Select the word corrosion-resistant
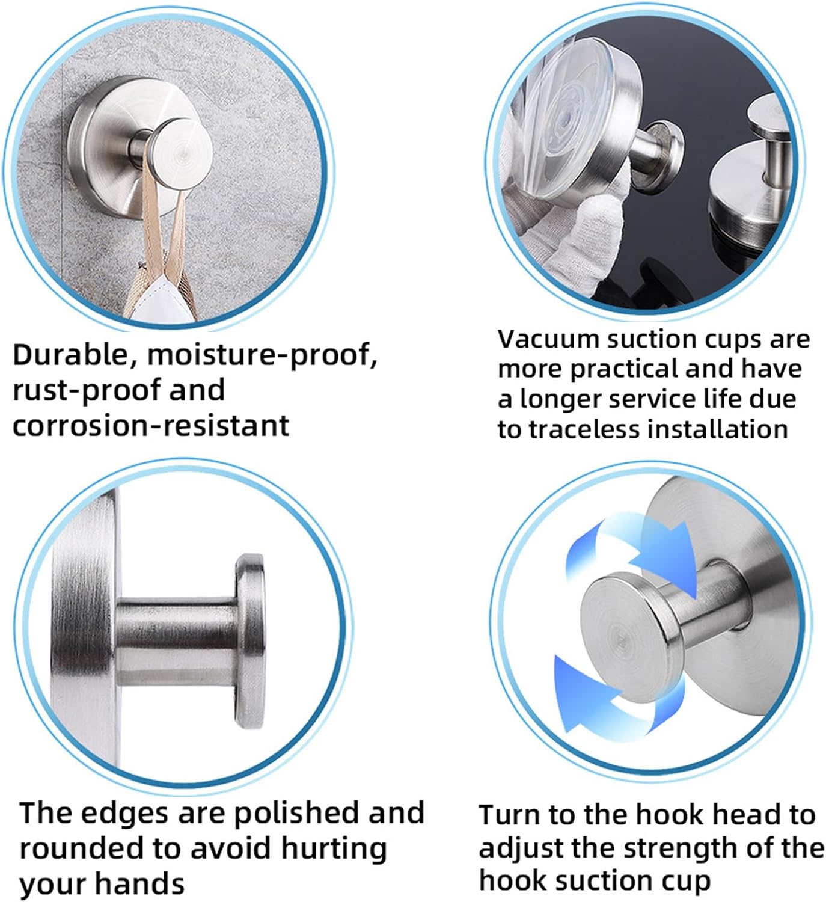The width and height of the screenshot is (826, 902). [x=151, y=425]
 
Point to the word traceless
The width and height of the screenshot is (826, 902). [x=584, y=429]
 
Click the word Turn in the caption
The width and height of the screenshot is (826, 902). [x=511, y=814]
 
